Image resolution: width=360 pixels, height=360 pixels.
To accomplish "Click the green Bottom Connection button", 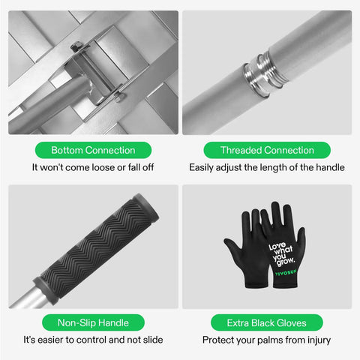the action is (x=93, y=150).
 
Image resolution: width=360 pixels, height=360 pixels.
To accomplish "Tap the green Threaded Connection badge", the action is (x=267, y=150).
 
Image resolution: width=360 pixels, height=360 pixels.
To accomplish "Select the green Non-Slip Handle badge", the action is (x=93, y=322).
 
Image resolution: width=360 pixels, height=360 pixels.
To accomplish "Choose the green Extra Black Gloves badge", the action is (x=267, y=322).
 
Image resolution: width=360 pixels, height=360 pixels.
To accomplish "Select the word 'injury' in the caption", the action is (x=319, y=340).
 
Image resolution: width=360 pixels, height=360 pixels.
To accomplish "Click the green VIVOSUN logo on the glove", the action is (x=286, y=272).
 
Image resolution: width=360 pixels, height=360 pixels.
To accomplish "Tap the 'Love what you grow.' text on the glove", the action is (x=281, y=254).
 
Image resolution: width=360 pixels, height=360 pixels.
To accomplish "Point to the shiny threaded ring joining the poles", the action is (x=265, y=74).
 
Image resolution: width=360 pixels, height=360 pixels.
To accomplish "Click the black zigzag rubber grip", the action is (x=96, y=248).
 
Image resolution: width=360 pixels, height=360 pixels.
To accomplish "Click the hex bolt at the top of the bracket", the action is (x=76, y=46).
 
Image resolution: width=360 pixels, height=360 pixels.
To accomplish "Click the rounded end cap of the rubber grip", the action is (x=148, y=207).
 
